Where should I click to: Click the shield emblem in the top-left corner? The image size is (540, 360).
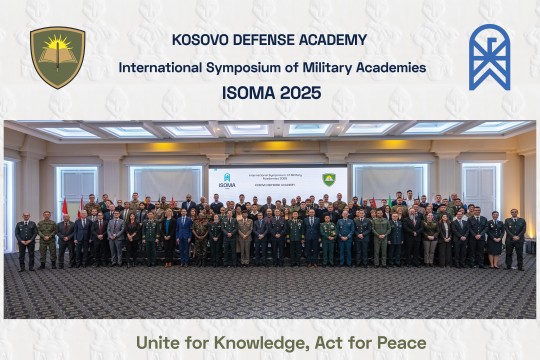pos(57,57)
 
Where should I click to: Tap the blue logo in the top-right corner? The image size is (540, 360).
pos(489,57)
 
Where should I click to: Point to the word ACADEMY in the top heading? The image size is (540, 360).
pos(333,40)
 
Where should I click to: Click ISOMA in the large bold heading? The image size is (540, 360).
pos(246,93)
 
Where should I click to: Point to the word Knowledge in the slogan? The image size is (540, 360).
pos(258,343)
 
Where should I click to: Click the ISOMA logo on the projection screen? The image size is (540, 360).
pos(227,180)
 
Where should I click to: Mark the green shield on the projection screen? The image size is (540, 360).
pos(328,179)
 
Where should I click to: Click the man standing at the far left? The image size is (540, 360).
pos(26,240)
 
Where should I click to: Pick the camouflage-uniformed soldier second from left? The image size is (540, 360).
pos(47,240)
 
